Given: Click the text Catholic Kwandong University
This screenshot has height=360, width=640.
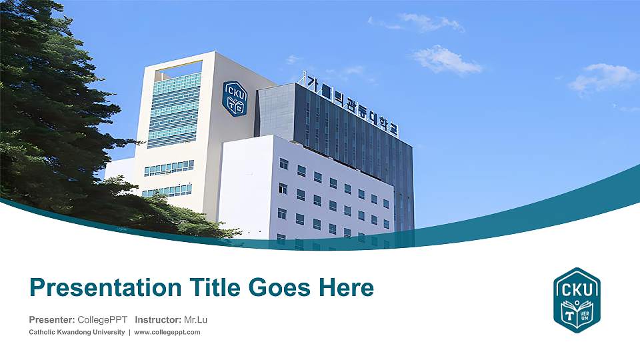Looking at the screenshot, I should tap(76, 332).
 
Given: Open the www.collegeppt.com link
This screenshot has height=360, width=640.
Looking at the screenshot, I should tap(167, 332).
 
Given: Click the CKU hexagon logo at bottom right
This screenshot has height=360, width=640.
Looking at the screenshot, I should tap(577, 300).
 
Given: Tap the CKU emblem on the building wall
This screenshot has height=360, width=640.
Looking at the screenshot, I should tap(234, 98).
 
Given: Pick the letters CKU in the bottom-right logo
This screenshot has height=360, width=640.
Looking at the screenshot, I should tap(577, 288).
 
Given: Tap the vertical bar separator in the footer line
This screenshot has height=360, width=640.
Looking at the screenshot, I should tap(129, 332).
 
